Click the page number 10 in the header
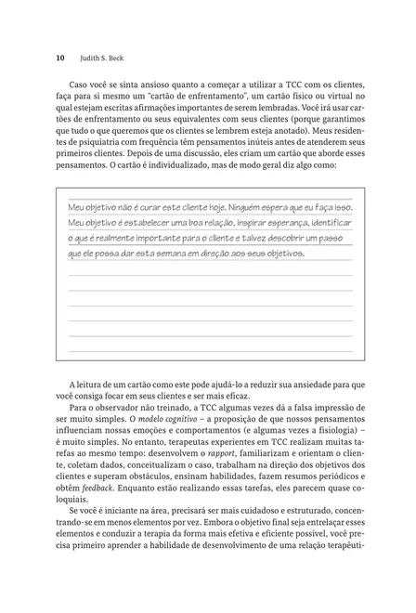click(x=60, y=58)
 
